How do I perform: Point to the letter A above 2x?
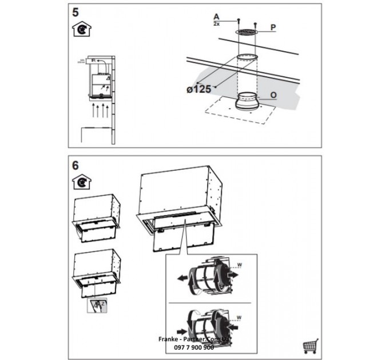coord(216,17)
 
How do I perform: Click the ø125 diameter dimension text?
coord(199,89)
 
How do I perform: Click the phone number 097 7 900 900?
coord(192,347)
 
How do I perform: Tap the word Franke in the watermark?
coord(167,339)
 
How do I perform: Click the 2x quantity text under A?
coord(216,24)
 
